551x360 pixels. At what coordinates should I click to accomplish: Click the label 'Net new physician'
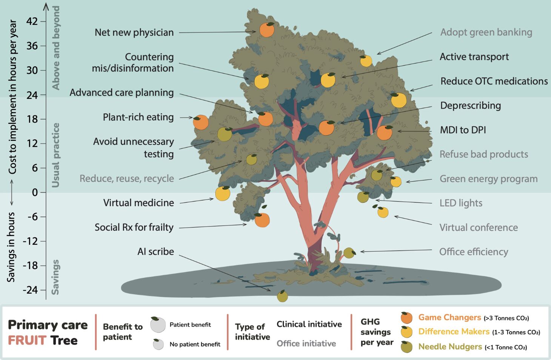134,32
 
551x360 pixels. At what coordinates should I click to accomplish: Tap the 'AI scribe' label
155,252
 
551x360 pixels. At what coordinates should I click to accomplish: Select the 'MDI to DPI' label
463,130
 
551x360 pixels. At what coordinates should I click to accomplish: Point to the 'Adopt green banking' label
486,32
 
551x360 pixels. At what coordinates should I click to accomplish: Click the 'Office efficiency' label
473,252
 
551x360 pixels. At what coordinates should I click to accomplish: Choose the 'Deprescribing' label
470,106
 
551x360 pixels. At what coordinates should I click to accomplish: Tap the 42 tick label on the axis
32,22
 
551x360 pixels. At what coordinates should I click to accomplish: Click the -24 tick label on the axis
30,290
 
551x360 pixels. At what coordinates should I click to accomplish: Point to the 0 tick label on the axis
35,192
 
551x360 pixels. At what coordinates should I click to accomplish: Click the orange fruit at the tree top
267,29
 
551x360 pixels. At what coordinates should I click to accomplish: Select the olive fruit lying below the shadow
282,296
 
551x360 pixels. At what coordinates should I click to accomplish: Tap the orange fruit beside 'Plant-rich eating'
200,122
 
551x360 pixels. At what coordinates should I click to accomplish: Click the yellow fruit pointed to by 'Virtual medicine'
223,193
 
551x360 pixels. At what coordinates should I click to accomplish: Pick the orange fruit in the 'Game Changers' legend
406,318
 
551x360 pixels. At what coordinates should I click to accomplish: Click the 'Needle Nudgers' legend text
450,347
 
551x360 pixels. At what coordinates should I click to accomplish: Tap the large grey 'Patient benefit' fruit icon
158,325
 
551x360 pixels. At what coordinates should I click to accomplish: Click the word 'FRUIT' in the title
27,340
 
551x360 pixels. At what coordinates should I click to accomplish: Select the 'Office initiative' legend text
306,343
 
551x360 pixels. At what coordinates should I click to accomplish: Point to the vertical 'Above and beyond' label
56,48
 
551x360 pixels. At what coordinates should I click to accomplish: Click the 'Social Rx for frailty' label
134,228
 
